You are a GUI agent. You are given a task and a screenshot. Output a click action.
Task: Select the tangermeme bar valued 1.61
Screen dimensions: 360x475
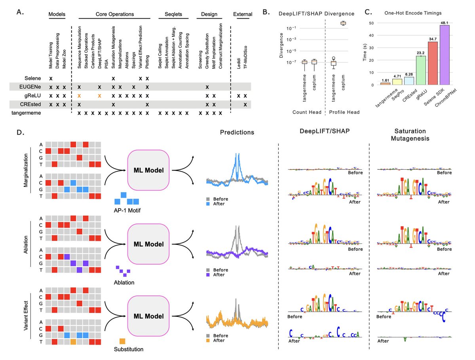tap(385, 83)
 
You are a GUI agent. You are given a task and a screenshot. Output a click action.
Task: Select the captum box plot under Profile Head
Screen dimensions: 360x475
tap(343, 23)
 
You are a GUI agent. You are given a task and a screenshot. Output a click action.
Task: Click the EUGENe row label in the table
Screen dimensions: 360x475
tap(31, 86)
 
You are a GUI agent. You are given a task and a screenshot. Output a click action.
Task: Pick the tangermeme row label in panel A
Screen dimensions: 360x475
tap(27, 113)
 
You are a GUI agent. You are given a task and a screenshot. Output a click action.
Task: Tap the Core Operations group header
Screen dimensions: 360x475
tap(115, 15)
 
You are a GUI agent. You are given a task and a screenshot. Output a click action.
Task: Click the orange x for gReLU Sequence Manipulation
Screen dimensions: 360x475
tap(79, 96)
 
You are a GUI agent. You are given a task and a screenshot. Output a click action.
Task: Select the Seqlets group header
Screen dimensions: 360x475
tap(175, 15)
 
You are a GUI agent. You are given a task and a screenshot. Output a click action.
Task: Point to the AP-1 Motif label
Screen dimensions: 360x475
tap(127, 210)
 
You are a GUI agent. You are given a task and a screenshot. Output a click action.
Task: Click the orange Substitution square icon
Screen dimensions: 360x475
tap(123, 341)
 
